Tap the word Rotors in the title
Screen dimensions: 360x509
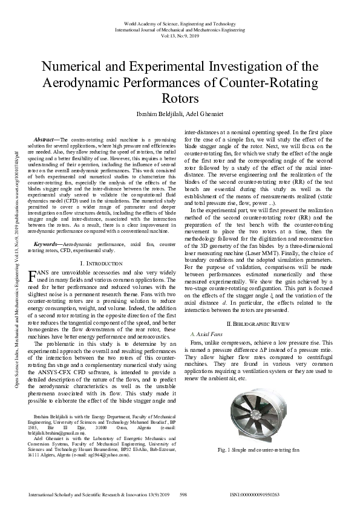(x=180, y=98)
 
